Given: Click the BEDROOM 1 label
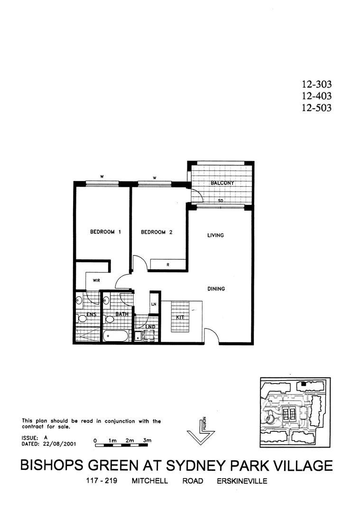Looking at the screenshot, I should click(106, 232).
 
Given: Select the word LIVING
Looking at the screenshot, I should click(215, 235).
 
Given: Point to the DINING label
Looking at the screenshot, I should click(216, 289).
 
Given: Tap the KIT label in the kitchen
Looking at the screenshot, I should click(180, 317).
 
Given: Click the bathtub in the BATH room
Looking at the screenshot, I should click(115, 336).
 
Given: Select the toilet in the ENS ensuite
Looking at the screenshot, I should click(81, 319).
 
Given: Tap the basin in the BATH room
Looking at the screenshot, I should click(107, 301).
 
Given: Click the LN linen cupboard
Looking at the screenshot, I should click(154, 304).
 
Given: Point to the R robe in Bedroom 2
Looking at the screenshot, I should click(168, 265).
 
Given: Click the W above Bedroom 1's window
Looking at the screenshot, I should click(102, 177).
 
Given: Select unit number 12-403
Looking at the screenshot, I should click(316, 96).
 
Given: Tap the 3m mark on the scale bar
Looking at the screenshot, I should click(147, 440).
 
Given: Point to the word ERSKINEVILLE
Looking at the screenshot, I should click(241, 481).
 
